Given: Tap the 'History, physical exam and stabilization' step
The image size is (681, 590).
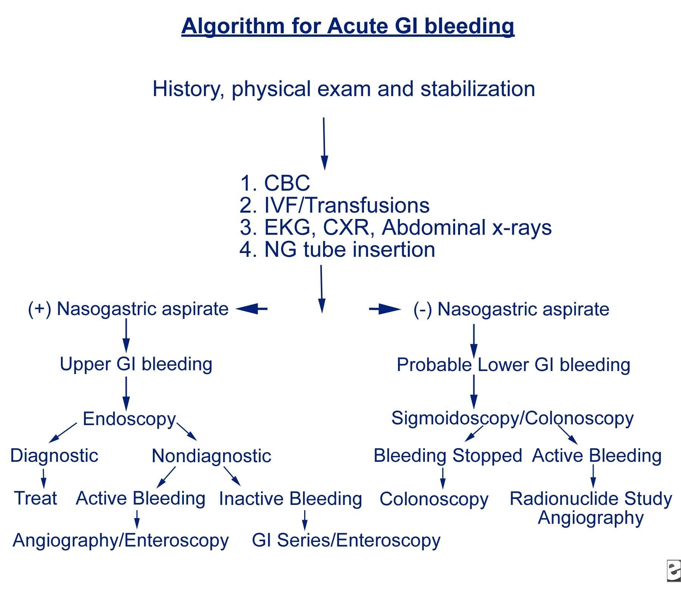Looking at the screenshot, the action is click(x=344, y=89).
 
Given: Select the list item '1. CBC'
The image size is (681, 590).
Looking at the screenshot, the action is click(x=275, y=183).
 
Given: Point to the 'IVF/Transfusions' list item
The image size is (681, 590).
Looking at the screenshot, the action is click(x=347, y=205).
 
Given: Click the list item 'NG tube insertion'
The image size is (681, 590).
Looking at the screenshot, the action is click(x=350, y=250).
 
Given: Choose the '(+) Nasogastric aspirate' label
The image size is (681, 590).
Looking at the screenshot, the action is click(x=128, y=309).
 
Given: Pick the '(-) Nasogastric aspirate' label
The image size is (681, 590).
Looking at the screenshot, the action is click(x=512, y=309).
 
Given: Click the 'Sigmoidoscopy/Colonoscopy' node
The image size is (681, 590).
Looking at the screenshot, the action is click(x=512, y=419).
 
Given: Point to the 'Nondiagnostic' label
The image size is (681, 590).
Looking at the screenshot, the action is click(x=211, y=456).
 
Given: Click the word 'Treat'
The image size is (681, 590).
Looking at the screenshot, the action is click(x=36, y=498).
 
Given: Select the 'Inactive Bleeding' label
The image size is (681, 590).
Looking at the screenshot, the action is click(x=291, y=498).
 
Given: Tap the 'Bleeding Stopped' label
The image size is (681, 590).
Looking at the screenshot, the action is click(x=448, y=455).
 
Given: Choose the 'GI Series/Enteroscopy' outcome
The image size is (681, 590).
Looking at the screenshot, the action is click(x=346, y=540).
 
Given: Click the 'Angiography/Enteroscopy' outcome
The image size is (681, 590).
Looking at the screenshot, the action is click(x=121, y=540).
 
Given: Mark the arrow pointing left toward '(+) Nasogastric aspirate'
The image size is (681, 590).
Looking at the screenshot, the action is click(x=251, y=309).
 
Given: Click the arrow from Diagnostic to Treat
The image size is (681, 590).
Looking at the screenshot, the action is click(x=44, y=478).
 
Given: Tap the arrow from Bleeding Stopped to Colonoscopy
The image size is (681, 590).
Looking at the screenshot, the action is click(x=443, y=478).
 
